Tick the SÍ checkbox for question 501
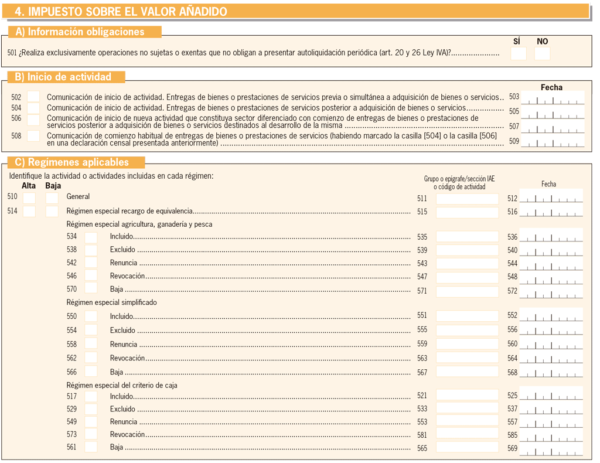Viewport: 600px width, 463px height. pyautogui.click(x=518, y=54)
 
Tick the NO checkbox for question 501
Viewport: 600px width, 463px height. pyautogui.click(x=543, y=54)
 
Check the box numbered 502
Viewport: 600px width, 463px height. pyautogui.click(x=33, y=97)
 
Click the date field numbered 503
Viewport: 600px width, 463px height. pyautogui.click(x=553, y=97)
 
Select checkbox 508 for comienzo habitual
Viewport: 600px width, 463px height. pyautogui.click(x=33, y=136)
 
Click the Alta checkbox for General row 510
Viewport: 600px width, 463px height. pyautogui.click(x=29, y=198)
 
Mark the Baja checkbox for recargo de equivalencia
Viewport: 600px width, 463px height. pyautogui.click(x=52, y=212)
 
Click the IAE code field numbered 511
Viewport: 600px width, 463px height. pyautogui.click(x=467, y=199)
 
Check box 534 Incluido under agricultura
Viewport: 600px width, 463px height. pyautogui.click(x=91, y=237)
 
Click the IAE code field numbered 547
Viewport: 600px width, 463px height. pyautogui.click(x=467, y=277)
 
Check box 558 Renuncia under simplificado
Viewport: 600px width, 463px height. pyautogui.click(x=91, y=344)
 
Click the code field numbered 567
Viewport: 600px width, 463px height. pyautogui.click(x=467, y=373)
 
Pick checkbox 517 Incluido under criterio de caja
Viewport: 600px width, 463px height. pyautogui.click(x=91, y=396)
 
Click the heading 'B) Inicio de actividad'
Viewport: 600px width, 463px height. pyautogui.click(x=63, y=77)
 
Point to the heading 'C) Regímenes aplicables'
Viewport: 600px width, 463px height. pyautogui.click(x=71, y=162)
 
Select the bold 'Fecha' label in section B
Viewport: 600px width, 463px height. pyautogui.click(x=551, y=87)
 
